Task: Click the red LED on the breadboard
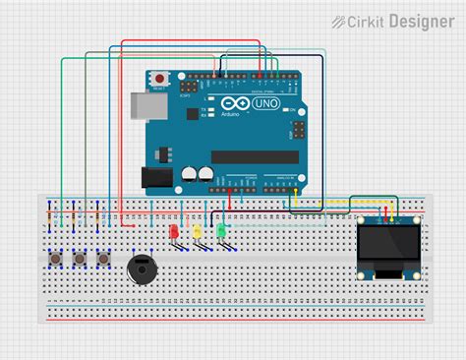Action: tap(174, 232)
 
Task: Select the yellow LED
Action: tap(198, 232)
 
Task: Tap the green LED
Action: tap(221, 232)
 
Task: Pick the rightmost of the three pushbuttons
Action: tap(103, 259)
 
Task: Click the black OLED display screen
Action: tap(384, 247)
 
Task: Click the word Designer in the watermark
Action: tap(421, 20)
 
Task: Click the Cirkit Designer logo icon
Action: tap(339, 21)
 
